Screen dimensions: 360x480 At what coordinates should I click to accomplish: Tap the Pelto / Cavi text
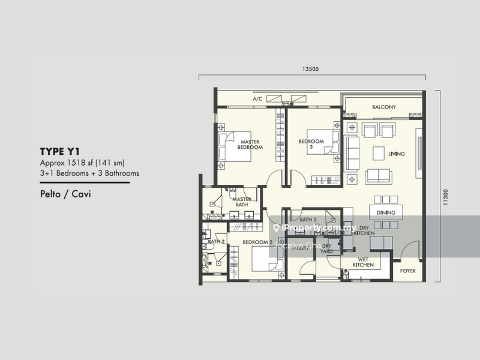pyautogui.click(x=61, y=194)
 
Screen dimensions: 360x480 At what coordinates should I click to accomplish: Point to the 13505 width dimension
pyautogui.click(x=311, y=69)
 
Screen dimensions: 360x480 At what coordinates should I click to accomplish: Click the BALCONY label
pyautogui.click(x=383, y=107)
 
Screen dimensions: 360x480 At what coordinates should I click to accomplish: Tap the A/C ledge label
pyautogui.click(x=257, y=98)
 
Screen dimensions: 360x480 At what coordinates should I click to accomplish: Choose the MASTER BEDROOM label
pyautogui.click(x=250, y=144)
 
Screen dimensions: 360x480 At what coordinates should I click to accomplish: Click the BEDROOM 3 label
pyautogui.click(x=311, y=144)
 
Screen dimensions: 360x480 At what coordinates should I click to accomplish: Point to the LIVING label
pyautogui.click(x=396, y=154)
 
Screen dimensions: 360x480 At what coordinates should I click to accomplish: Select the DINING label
pyautogui.click(x=386, y=212)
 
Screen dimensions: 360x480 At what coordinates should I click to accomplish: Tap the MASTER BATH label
pyautogui.click(x=241, y=202)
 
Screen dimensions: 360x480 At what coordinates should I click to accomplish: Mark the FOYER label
pyautogui.click(x=408, y=271)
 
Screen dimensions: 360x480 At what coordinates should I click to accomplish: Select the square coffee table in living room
pyautogui.click(x=378, y=154)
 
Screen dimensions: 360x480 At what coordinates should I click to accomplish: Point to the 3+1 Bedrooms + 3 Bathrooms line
pyautogui.click(x=89, y=173)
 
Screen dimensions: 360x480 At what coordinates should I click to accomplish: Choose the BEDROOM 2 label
pyautogui.click(x=257, y=242)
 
